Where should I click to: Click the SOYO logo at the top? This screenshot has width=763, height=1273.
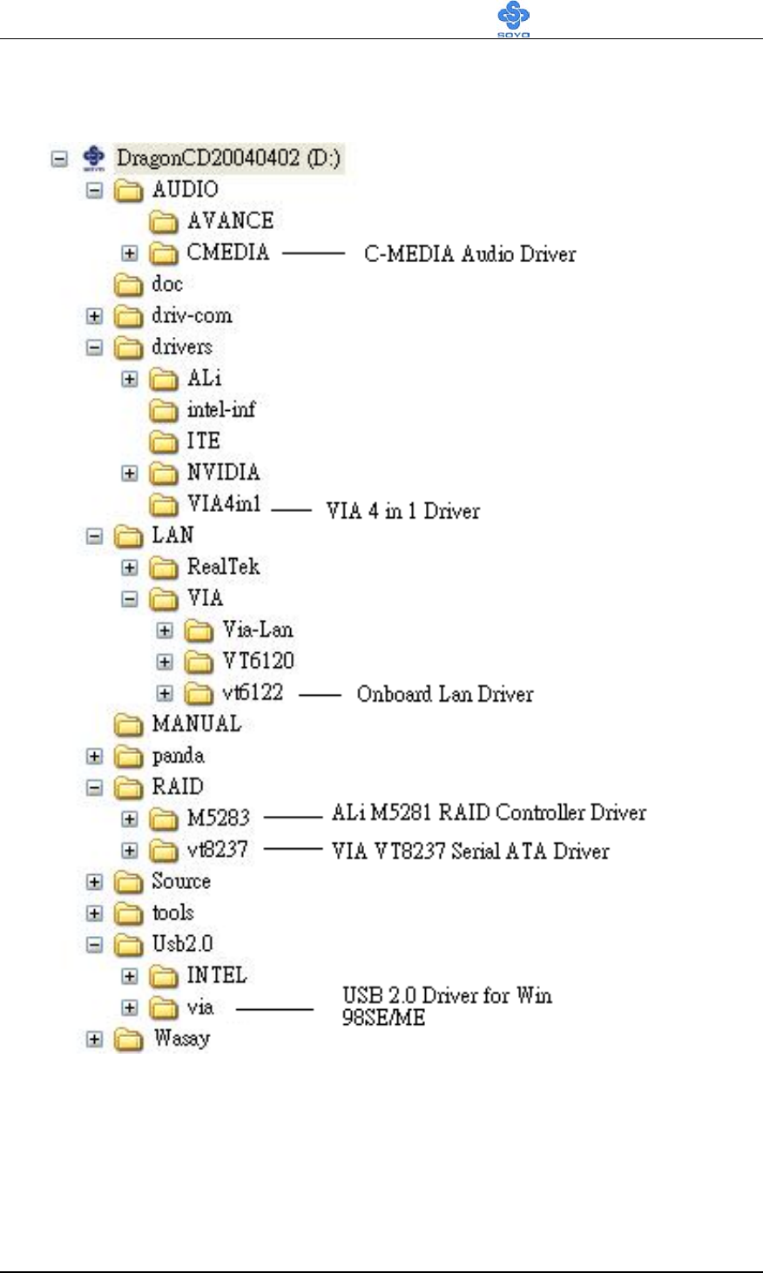pos(514,19)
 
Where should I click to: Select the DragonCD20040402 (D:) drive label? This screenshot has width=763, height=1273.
pos(230,158)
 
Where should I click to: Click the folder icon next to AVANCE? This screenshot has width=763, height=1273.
pos(165,222)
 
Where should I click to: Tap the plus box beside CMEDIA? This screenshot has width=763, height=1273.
pos(130,253)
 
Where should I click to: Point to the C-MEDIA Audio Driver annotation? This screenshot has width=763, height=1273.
pos(469,254)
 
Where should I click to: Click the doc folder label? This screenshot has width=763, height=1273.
pos(167,284)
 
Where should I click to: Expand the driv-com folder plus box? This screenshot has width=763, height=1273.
pos(95,316)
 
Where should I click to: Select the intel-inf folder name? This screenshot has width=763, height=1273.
pos(221,409)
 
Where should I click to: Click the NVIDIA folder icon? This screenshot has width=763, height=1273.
pos(165,474)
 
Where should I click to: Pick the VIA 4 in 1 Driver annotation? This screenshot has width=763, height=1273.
pos(402,511)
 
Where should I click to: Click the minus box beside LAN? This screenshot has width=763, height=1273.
pos(95,536)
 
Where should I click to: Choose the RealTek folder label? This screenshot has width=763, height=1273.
pos(223,567)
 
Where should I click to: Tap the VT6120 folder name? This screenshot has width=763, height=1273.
pos(258,661)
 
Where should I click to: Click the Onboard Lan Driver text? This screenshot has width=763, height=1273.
pos(444,694)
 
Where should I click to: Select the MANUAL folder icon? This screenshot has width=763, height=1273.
pos(130,725)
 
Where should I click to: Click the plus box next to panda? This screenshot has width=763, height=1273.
pos(95,757)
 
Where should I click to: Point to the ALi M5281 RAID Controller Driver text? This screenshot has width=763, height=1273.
pos(489,813)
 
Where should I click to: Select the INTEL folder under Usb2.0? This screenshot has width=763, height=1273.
pos(217,975)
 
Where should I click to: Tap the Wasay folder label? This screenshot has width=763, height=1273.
pos(181,1038)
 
